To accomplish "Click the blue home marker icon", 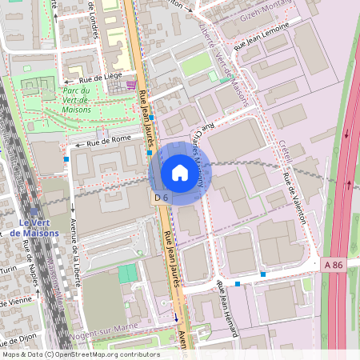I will [179, 172].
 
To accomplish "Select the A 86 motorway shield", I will [335, 263].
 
